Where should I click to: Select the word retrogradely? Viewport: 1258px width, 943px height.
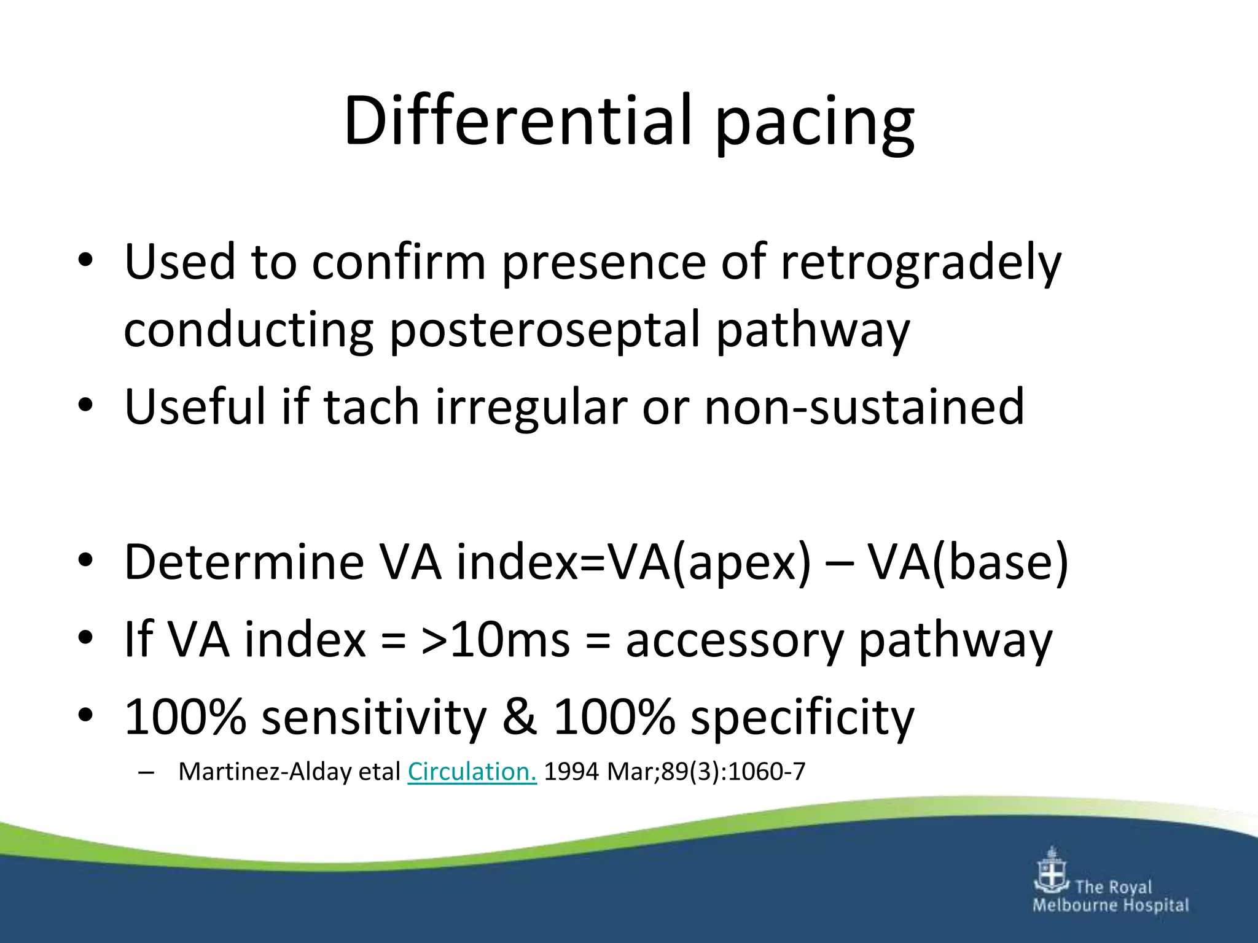[x=921, y=263]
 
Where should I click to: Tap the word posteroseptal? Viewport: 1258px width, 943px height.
[x=544, y=330]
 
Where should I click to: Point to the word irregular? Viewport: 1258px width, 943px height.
[x=531, y=407]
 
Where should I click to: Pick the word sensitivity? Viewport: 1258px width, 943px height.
[x=373, y=717]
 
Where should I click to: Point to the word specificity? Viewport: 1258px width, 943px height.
[x=802, y=717]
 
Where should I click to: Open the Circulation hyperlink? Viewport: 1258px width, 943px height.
[x=472, y=772]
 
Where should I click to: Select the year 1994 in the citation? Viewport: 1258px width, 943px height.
[x=571, y=772]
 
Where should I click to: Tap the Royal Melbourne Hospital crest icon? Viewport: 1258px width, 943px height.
[x=1052, y=871]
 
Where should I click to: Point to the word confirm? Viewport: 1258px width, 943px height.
[x=399, y=263]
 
